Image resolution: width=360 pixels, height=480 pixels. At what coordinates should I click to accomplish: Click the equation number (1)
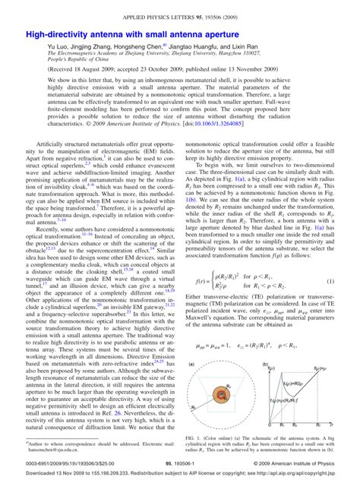pyautogui.click(x=330, y=282)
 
